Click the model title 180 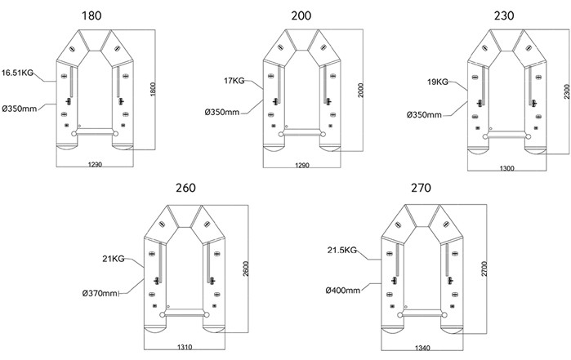91,16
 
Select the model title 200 301,16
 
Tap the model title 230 504,16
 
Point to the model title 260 185,188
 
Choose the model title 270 421,188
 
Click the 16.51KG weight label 17,73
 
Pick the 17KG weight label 234,81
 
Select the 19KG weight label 438,82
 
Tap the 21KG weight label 114,259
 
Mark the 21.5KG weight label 341,250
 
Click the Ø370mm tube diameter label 100,293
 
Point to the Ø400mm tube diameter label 342,290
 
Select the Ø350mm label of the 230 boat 424,115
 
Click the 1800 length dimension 153,90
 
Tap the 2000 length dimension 360,91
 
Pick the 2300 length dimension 567,91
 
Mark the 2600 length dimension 246,269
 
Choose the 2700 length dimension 484,269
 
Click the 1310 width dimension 185,347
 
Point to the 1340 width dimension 422,348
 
